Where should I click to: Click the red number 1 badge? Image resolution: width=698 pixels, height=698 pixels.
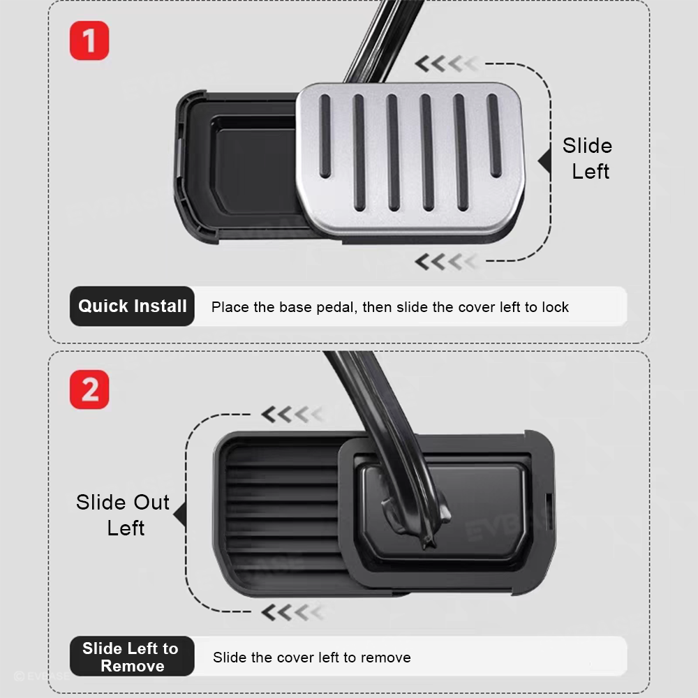click(89, 40)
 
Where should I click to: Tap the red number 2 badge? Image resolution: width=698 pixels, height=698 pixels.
click(89, 389)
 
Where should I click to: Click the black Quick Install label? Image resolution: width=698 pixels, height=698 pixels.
click(132, 306)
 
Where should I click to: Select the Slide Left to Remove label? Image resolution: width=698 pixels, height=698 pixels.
click(132, 657)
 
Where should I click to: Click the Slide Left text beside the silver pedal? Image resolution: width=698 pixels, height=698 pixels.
click(588, 158)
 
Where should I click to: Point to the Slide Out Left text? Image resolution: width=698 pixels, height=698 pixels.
click(123, 515)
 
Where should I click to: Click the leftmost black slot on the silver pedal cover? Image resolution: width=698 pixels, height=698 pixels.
click(325, 137)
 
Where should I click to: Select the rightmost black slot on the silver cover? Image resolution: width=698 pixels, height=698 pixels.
click(494, 136)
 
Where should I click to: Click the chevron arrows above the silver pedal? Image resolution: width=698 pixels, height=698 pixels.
click(447, 64)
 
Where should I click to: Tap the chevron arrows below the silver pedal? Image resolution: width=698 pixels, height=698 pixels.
click(447, 262)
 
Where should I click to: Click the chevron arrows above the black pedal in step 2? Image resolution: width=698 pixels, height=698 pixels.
click(293, 415)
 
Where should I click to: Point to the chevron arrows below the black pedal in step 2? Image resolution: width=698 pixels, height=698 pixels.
click(293, 613)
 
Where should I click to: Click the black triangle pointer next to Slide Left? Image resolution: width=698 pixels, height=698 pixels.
click(545, 161)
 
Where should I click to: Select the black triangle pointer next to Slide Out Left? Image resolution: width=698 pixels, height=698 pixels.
click(180, 514)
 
